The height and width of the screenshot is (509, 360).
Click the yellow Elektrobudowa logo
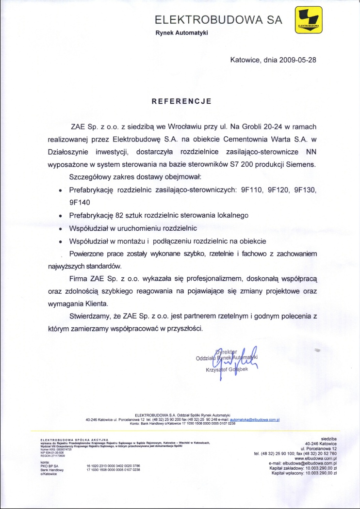pyautogui.click(x=309, y=20)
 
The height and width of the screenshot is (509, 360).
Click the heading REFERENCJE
pyautogui.click(x=181, y=101)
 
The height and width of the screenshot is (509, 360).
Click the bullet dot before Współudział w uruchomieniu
pyautogui.click(x=60, y=227)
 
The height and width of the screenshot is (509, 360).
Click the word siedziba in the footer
pyautogui.click(x=328, y=438)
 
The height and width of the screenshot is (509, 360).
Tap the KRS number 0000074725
pyautogui.click(x=63, y=449)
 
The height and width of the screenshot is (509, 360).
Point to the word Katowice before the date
pyautogui.click(x=245, y=61)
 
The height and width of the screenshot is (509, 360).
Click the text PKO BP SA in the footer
pyautogui.click(x=49, y=466)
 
